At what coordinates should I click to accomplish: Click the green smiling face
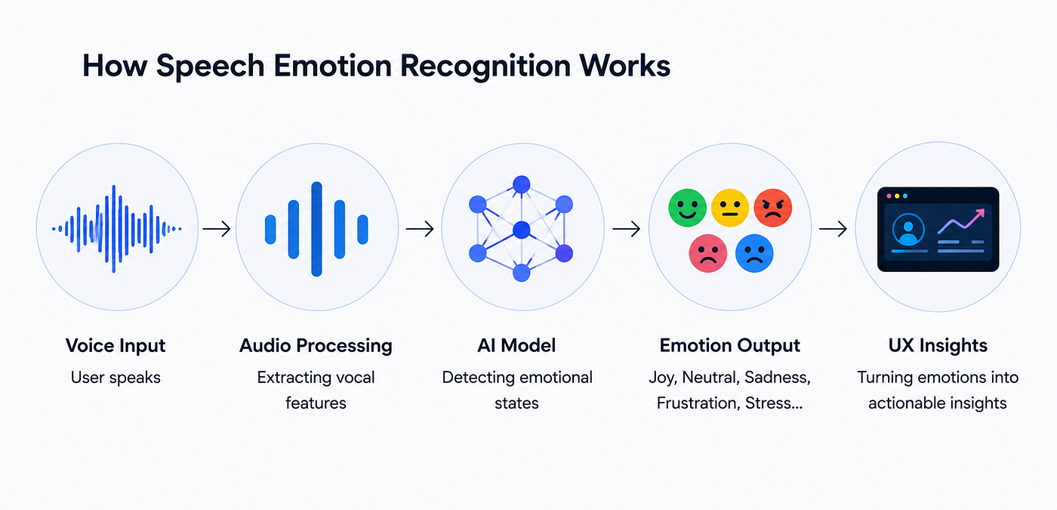coord(687,208)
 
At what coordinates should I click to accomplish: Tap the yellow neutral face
coord(729,208)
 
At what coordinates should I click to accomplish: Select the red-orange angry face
coord(772,208)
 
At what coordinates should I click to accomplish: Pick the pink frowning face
coord(708,253)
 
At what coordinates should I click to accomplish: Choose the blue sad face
coord(754,253)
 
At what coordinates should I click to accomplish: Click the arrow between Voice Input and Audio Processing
coord(217,229)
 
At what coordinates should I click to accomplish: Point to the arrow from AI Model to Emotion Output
coord(626,229)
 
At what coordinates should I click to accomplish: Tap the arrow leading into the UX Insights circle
coord(833,229)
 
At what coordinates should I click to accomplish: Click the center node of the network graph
coord(522,230)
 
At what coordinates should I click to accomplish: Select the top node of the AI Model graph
coord(522,184)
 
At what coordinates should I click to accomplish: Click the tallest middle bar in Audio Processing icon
coord(316,229)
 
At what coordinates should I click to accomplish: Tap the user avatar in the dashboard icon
coord(908,230)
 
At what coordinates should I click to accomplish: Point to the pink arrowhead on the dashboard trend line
coord(979,215)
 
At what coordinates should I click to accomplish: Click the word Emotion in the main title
coord(333,66)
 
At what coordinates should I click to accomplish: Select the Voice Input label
coord(116,346)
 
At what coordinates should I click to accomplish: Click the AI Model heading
coord(516,346)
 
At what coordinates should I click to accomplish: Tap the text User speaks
coord(116,378)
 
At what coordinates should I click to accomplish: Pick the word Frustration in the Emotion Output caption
coord(697,403)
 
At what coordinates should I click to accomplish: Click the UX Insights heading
coord(938,346)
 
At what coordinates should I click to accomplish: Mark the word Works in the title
coord(625,66)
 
